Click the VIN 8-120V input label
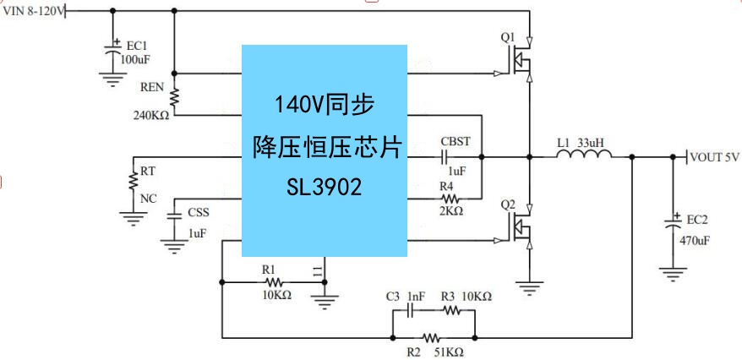pyautogui.click(x=32, y=11)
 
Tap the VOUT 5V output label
pyautogui.click(x=714, y=157)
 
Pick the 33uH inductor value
pyautogui.click(x=590, y=143)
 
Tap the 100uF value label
pyautogui.click(x=136, y=60)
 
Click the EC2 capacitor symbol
pyautogui.click(x=674, y=226)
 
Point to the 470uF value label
pyautogui.click(x=694, y=240)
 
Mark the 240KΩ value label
pyautogui.click(x=151, y=115)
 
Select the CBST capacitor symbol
pyautogui.click(x=445, y=156)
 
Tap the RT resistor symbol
pyautogui.click(x=133, y=182)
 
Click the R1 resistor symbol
pyautogui.click(x=273, y=281)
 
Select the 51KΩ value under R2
pyautogui.click(x=448, y=350)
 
